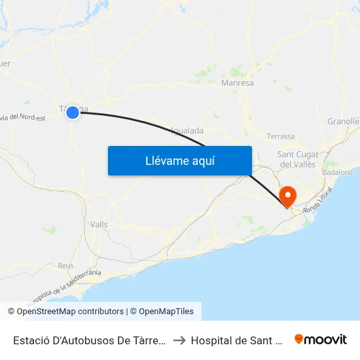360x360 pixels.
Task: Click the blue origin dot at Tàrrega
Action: pos(73,113)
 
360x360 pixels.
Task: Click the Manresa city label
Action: pos(238,83)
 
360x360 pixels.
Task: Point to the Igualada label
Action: pos(187,130)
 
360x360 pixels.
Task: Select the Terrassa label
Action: pos(281,136)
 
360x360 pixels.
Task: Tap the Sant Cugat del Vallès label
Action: pos(298,158)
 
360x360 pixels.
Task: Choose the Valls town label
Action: pos(99,224)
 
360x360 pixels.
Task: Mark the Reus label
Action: pos(65,265)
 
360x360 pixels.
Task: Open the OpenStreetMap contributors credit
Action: pos(65,312)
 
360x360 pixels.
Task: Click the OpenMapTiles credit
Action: pos(162,312)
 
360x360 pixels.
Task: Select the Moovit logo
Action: pos(320,339)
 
